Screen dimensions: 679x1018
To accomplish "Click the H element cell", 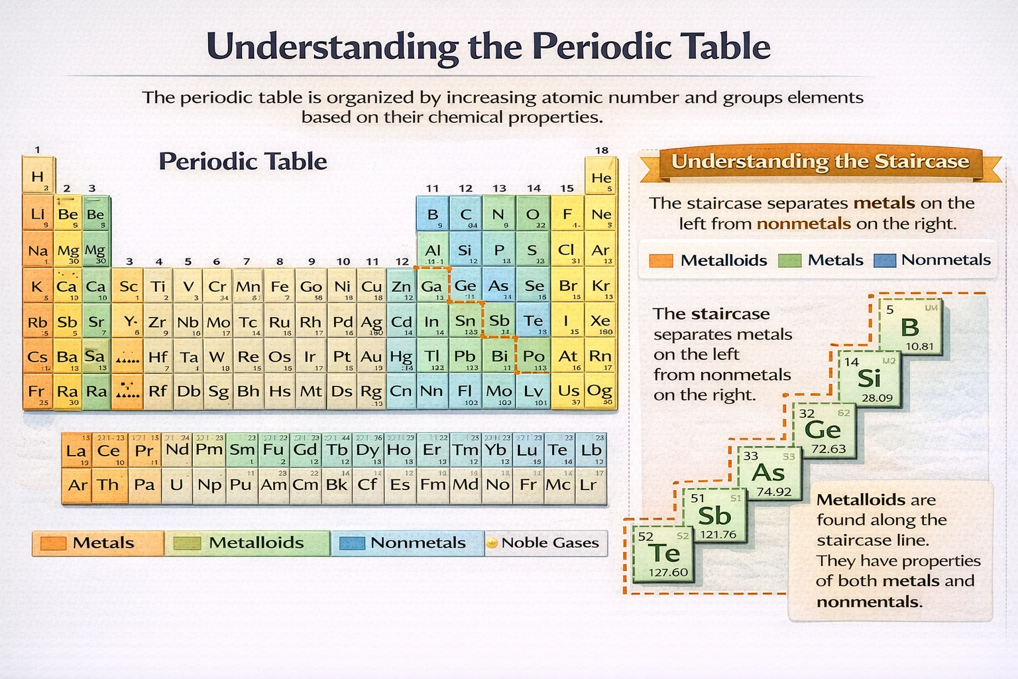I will [x=38, y=176].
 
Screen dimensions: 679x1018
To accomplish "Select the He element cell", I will [x=601, y=177].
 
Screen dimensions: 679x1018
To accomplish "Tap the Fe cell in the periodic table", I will [x=280, y=286].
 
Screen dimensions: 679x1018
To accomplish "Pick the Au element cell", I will [x=371, y=357].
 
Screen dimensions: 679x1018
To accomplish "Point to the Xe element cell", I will [x=600, y=322].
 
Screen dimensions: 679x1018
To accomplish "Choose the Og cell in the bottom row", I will [x=600, y=391].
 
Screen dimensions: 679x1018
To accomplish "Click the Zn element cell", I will [x=401, y=286].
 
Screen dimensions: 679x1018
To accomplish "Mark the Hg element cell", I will [x=401, y=357].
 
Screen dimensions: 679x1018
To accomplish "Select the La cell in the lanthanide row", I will [x=76, y=451].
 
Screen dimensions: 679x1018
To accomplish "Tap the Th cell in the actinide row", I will [x=108, y=485].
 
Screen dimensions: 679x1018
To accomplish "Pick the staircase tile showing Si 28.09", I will [x=869, y=379].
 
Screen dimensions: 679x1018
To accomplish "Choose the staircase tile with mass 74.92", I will [x=769, y=473].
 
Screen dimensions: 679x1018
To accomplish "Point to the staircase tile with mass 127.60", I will [x=663, y=554].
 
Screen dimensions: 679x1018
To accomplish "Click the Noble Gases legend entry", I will [x=546, y=543].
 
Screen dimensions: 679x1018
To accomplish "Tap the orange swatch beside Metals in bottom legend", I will [x=53, y=543].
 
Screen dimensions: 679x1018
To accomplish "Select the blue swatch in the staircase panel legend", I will [x=885, y=261].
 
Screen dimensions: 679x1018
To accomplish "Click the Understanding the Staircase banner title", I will [x=820, y=162].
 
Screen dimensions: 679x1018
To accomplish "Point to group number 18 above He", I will [x=601, y=151].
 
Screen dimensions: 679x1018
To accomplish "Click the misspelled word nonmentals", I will [x=869, y=602].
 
